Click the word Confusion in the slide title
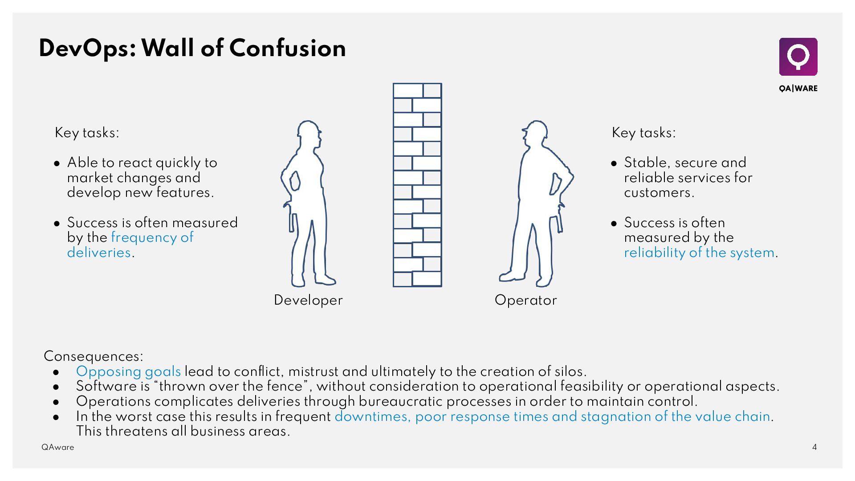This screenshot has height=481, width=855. click(287, 48)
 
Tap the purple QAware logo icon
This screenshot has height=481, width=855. click(798, 57)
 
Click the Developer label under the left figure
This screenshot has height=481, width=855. click(308, 300)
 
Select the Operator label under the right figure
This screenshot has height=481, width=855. click(525, 300)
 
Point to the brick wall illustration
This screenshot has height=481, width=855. click(417, 185)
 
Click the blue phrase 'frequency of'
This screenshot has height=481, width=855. click(152, 237)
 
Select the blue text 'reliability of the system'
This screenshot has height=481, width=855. click(699, 253)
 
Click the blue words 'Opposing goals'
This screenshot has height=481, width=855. click(128, 371)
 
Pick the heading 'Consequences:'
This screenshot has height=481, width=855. click(94, 356)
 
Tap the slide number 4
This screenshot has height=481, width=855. click(814, 447)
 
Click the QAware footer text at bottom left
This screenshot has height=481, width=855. click(58, 447)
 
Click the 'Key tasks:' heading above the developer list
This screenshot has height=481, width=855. click(87, 133)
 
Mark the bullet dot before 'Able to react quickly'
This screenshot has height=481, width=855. click(57, 163)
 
